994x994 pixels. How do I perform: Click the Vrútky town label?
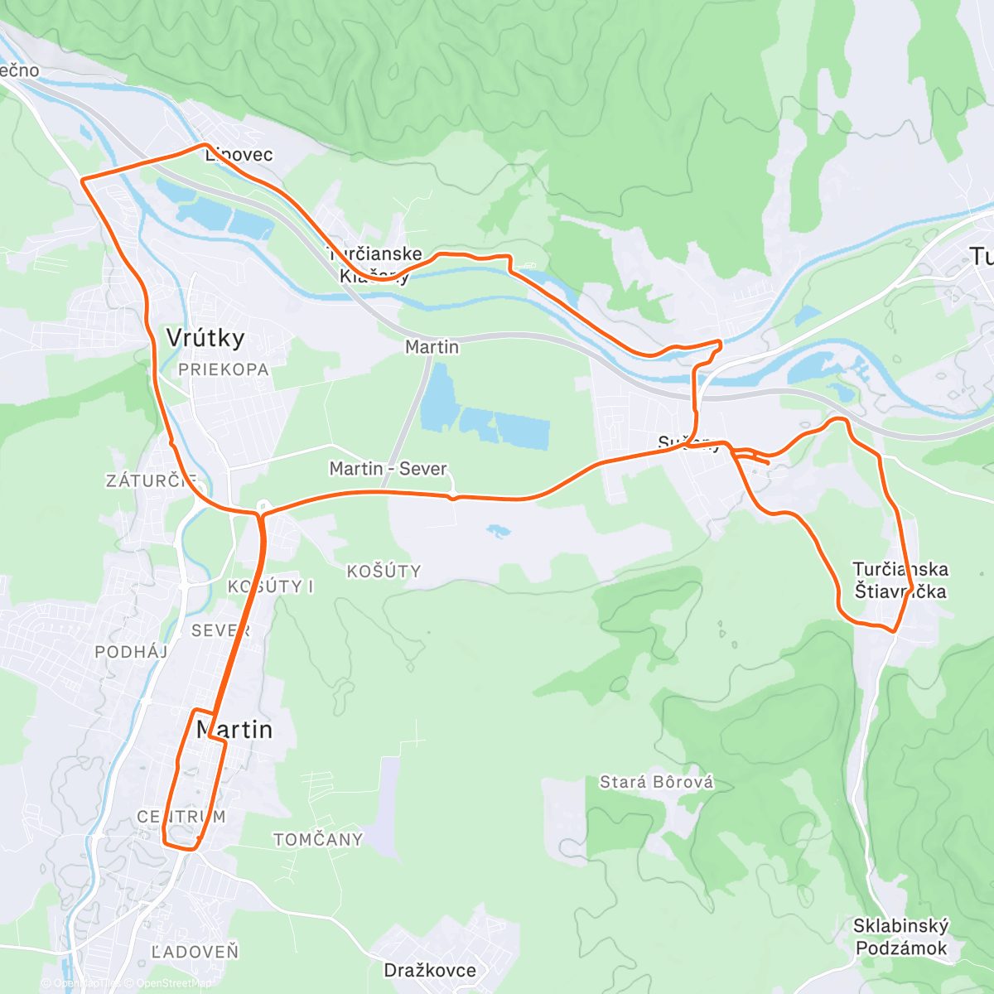point(205,338)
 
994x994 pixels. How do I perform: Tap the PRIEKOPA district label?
point(224,370)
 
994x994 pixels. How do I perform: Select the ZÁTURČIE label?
point(151,480)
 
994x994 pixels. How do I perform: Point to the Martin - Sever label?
point(388,469)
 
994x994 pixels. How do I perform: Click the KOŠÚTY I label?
point(270,586)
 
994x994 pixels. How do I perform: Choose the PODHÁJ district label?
point(131,652)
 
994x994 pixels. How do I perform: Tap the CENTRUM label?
point(181,817)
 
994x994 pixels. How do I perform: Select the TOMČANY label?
point(318,840)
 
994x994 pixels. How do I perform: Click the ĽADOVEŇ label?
point(195,952)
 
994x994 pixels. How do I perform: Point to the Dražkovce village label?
point(430,970)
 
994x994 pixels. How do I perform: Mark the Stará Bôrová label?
point(656,783)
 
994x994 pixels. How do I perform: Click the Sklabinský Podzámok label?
point(900,937)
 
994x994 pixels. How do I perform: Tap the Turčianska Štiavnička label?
point(900,580)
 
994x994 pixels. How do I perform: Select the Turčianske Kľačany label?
point(374,265)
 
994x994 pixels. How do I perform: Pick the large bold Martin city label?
point(234,730)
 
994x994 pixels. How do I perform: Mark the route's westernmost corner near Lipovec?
point(81,179)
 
